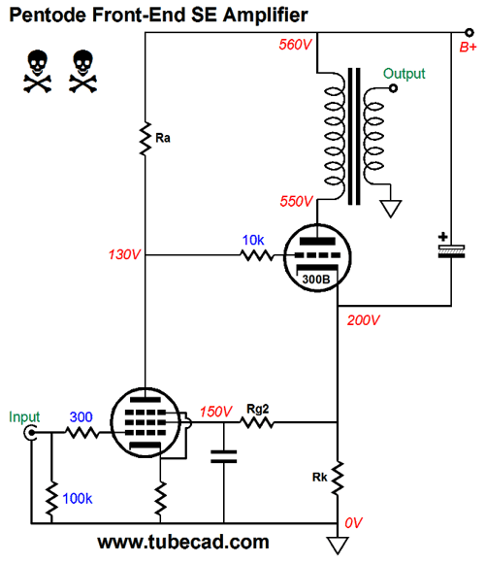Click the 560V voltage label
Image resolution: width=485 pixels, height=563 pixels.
[x=295, y=45]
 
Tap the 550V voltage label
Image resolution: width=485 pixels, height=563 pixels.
[x=296, y=202]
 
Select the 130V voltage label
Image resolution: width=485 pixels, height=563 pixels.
[x=124, y=254]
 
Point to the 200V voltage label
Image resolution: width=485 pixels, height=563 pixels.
[x=364, y=320]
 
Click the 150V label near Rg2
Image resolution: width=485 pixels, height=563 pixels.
[x=216, y=412]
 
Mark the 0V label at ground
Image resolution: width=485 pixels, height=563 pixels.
[x=354, y=523]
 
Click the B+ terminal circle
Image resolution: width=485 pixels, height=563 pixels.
[x=469, y=33]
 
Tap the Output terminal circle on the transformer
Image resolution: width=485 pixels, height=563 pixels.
[x=393, y=88]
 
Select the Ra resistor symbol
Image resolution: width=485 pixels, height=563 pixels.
[x=145, y=139]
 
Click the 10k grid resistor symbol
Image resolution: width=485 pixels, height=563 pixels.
[x=257, y=255]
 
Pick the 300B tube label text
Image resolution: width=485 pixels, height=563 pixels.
[x=316, y=279]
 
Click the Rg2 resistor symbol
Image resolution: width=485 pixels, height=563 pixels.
[x=257, y=422]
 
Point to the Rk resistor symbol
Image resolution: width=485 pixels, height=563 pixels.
[x=338, y=479]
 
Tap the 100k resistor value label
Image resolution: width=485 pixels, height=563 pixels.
[x=78, y=498]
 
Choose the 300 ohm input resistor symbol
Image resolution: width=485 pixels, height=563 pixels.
[x=82, y=432]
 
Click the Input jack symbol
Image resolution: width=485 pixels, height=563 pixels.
[x=30, y=432]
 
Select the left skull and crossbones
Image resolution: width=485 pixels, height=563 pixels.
[x=38, y=72]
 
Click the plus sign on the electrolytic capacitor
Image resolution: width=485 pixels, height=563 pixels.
[x=443, y=237]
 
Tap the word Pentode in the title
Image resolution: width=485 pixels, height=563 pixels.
[x=48, y=16]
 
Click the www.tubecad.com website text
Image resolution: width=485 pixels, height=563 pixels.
[x=183, y=542]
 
